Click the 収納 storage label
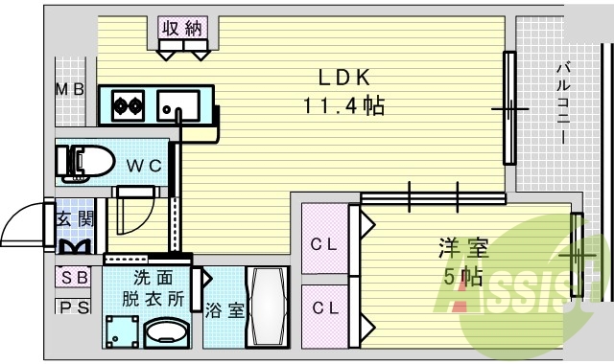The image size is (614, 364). (181, 29)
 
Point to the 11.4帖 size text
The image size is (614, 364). (344, 105)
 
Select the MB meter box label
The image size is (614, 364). (69, 90)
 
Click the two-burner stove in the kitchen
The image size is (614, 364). (127, 101)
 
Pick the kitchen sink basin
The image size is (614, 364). (177, 102)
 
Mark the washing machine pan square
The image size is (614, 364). (121, 331)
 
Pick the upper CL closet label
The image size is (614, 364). (324, 243)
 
